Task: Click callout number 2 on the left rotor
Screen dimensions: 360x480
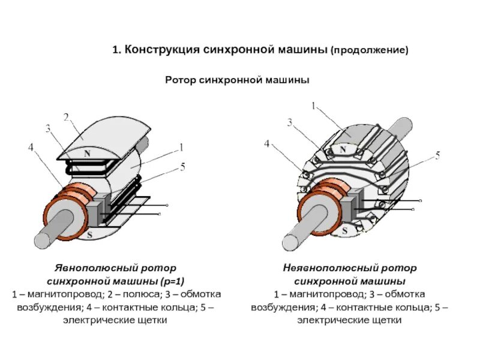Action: [66, 116]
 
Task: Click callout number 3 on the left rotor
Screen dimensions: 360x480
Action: [48, 128]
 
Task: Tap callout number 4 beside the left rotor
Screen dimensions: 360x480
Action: [30, 146]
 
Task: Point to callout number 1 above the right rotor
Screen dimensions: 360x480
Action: [313, 107]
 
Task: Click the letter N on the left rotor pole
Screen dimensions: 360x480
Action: [87, 154]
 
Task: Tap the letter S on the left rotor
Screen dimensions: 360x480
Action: [90, 234]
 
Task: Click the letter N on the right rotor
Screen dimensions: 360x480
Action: [343, 149]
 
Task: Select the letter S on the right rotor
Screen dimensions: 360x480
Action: [349, 230]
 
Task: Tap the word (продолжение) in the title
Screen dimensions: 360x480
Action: [369, 52]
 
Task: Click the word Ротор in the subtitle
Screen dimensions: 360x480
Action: [179, 79]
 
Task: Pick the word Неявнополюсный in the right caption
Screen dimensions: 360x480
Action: [325, 268]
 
